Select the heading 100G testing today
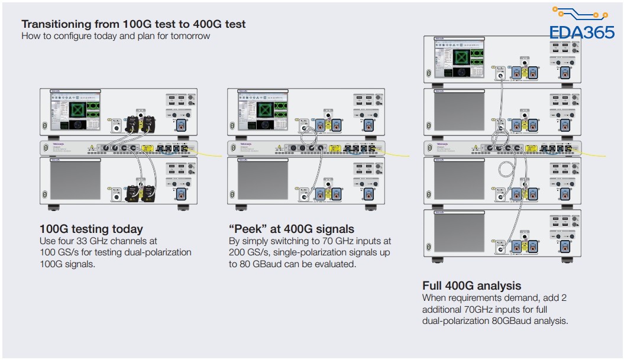[91, 229]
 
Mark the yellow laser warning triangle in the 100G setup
[91, 148]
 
